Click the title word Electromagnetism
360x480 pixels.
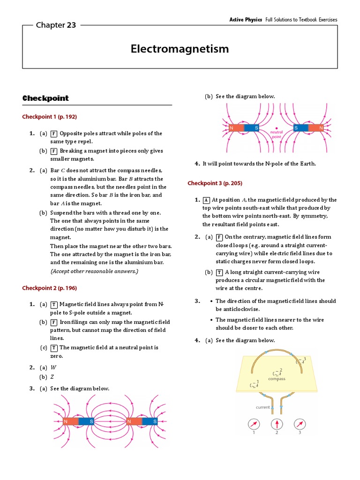pyautogui.click(x=180, y=49)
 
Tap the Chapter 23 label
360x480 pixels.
pyautogui.click(x=56, y=25)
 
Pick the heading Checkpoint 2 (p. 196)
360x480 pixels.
pyautogui.click(x=49, y=288)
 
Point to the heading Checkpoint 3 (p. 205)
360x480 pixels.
pyautogui.click(x=215, y=183)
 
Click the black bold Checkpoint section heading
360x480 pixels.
pyautogui.click(x=45, y=98)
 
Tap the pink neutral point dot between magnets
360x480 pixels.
pyautogui.click(x=276, y=127)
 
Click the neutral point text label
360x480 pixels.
pyautogui.click(x=276, y=135)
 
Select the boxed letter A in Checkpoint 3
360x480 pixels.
pyautogui.click(x=206, y=200)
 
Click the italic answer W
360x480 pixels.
pyautogui.click(x=53, y=367)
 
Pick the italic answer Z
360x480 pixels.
pyautogui.click(x=52, y=377)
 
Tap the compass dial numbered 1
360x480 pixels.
pyautogui.click(x=254, y=424)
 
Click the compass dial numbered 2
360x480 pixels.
pyautogui.click(x=277, y=424)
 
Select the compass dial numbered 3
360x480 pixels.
pyautogui.click(x=300, y=424)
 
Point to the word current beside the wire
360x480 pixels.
pyautogui.click(x=262, y=407)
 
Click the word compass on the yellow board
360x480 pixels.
pyautogui.click(x=277, y=379)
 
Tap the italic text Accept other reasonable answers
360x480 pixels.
pyautogui.click(x=94, y=271)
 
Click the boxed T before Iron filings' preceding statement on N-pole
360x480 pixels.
pyautogui.click(x=54, y=305)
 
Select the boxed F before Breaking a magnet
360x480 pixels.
pyautogui.click(x=54, y=151)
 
